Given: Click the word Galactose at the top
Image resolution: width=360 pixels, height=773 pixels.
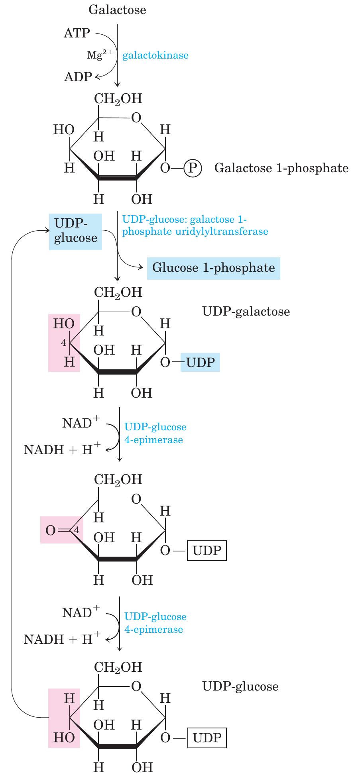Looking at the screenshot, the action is pyautogui.click(x=117, y=10).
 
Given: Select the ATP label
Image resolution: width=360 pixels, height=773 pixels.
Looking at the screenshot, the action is pyautogui.click(x=77, y=33).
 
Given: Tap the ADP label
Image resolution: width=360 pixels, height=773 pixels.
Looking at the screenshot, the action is pyautogui.click(x=78, y=77).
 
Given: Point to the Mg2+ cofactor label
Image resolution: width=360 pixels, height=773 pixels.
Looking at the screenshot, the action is pyautogui.click(x=100, y=55).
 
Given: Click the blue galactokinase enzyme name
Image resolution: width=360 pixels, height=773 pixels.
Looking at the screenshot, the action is pyautogui.click(x=155, y=55).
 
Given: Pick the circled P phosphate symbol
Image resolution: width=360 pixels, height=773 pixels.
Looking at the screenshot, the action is pyautogui.click(x=193, y=168).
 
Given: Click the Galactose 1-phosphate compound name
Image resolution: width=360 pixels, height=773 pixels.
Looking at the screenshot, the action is pyautogui.click(x=281, y=168).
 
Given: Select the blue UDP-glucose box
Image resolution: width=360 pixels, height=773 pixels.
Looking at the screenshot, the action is pyautogui.click(x=75, y=232).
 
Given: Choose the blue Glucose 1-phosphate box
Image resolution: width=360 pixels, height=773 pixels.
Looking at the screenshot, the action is pyautogui.click(x=214, y=268).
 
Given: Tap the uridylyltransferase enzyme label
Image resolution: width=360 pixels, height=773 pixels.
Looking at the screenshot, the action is pyautogui.click(x=195, y=226).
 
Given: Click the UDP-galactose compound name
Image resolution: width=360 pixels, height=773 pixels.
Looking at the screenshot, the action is pyautogui.click(x=246, y=311).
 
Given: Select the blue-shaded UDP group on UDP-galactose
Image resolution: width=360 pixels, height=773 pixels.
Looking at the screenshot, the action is pyautogui.click(x=200, y=362).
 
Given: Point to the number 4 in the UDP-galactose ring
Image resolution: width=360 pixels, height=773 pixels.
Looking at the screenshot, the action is pyautogui.click(x=63, y=343).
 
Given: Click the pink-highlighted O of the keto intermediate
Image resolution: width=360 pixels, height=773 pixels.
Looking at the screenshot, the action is pyautogui.click(x=50, y=531).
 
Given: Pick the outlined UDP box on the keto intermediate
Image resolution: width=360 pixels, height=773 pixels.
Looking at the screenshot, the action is pyautogui.click(x=207, y=551).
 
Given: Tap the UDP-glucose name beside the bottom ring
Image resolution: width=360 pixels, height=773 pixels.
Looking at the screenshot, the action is pyautogui.click(x=240, y=686).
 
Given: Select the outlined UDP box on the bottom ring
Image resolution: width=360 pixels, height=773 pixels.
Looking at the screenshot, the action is pyautogui.click(x=207, y=738).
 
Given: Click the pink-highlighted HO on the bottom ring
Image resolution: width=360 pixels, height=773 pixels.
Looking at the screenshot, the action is pyautogui.click(x=64, y=738).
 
